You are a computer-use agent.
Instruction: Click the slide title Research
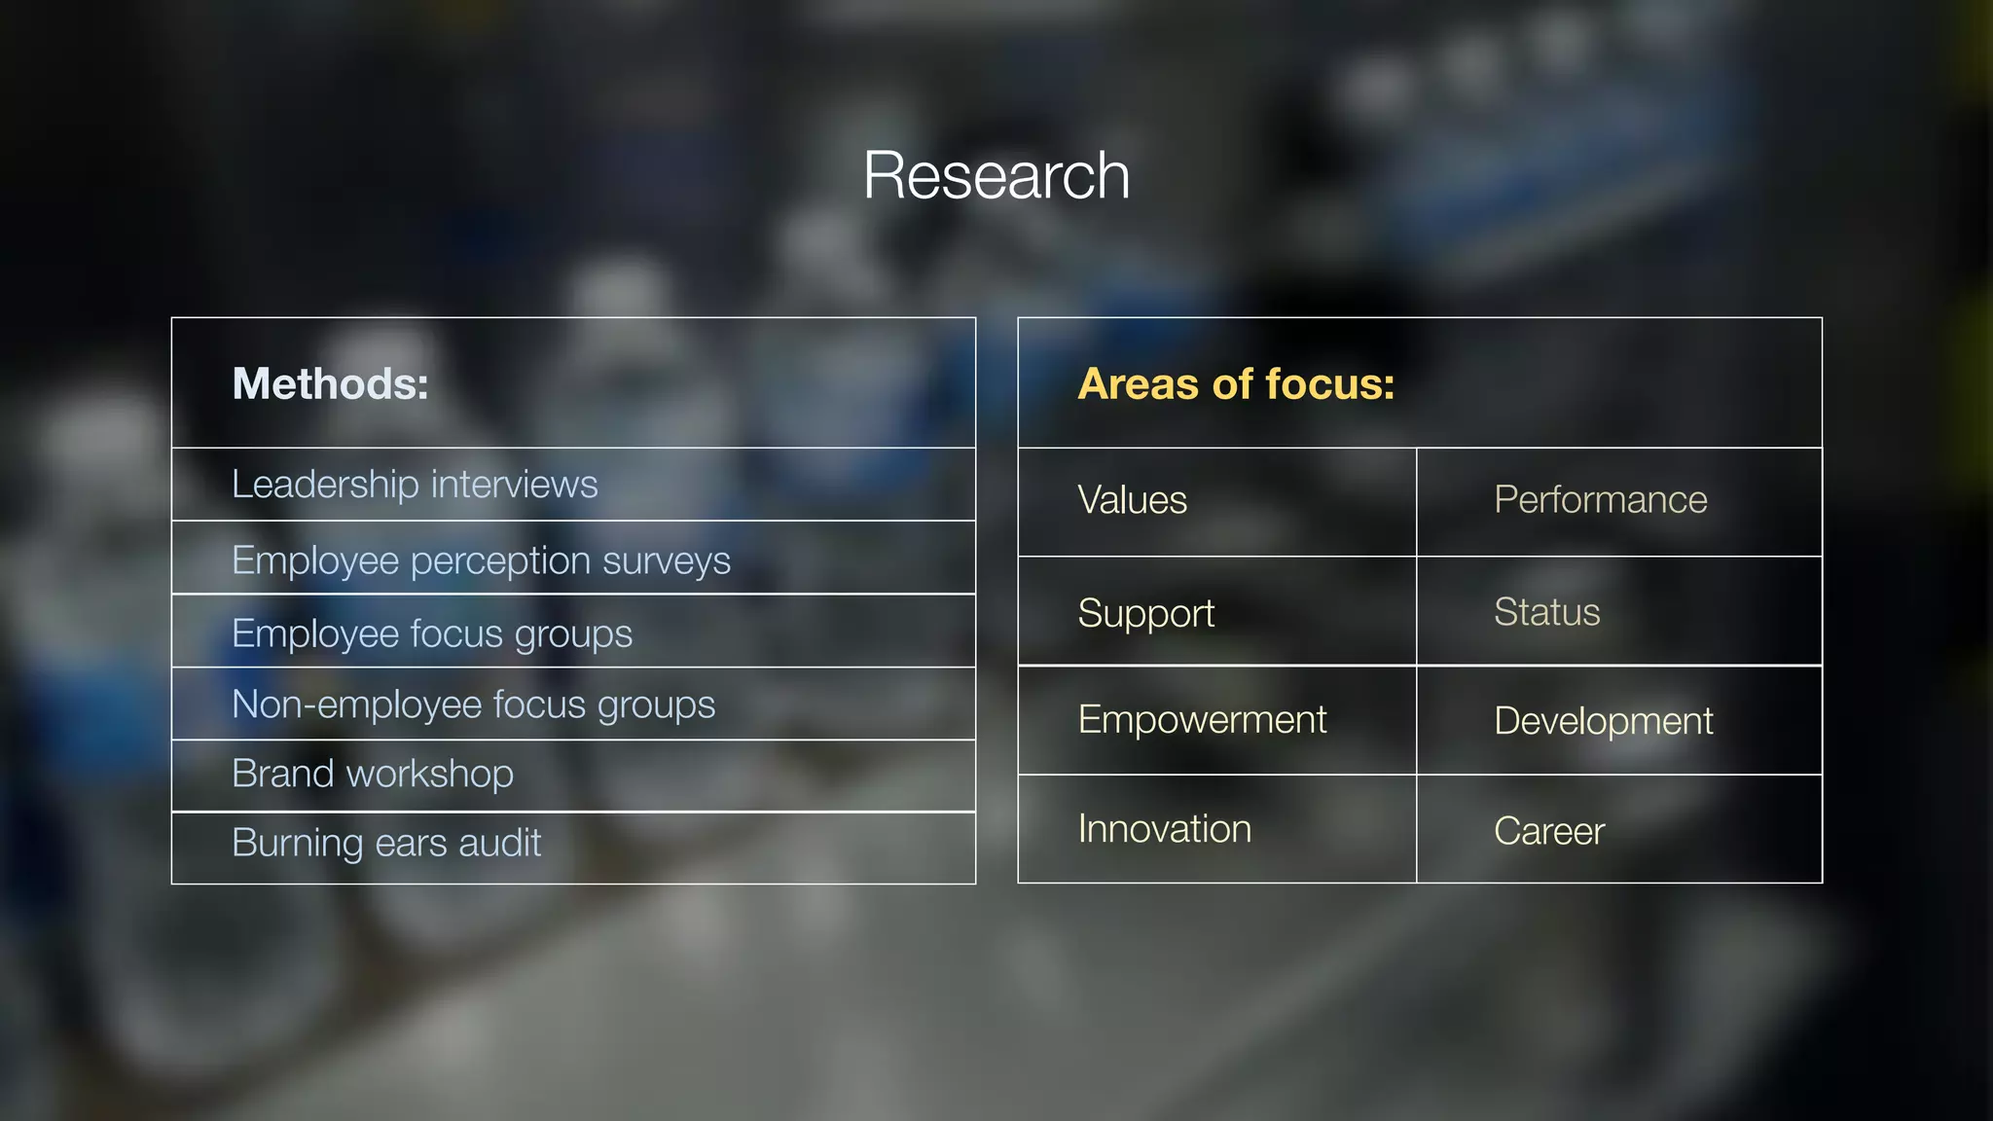pos(996,176)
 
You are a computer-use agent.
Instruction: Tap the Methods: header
pos(330,383)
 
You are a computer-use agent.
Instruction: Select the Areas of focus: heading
pos(1236,383)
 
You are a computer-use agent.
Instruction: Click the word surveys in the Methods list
pos(667,561)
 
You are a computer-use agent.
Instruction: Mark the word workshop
pos(429,774)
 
